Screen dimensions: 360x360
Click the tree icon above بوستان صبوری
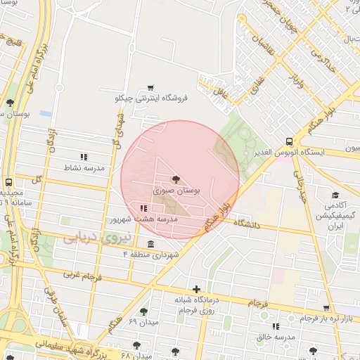tap(176, 180)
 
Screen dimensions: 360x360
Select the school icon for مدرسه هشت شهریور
tap(143, 208)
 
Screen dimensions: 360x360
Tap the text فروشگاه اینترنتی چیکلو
tap(152, 98)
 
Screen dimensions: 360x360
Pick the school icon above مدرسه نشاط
tap(84, 157)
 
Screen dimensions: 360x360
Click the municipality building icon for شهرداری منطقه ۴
tap(150, 243)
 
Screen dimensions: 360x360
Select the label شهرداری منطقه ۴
tap(151, 253)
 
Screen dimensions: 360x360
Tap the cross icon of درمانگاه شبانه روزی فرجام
tap(196, 288)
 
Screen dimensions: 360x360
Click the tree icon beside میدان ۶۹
tap(143, 311)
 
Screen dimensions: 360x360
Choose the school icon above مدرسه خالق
tap(275, 326)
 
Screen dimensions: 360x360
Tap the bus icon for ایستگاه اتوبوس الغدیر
tap(290, 141)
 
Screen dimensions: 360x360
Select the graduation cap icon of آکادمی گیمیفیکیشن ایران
tap(335, 195)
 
